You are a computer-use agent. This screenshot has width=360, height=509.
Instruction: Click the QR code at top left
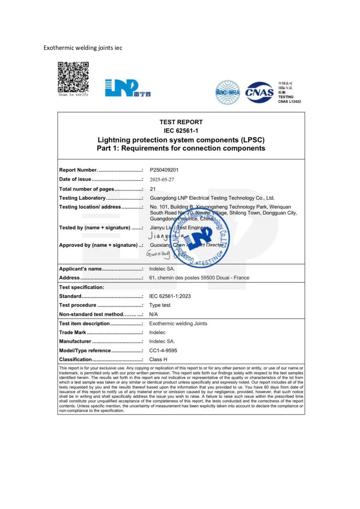(73, 77)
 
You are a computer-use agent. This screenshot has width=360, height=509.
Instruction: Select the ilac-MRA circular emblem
(228, 93)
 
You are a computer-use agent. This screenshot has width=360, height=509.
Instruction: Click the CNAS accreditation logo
(259, 93)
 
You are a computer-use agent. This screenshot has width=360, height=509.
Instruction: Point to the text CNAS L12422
(289, 102)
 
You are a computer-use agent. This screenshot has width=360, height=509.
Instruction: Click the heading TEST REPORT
(181, 122)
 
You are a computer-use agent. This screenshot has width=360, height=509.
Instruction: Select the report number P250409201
(164, 170)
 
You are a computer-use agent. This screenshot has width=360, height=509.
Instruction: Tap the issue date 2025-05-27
(162, 180)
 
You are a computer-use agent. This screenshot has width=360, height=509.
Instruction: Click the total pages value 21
(153, 189)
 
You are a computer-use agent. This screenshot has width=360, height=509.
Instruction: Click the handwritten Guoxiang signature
(158, 254)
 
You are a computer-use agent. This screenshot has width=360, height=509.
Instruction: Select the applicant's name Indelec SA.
(162, 269)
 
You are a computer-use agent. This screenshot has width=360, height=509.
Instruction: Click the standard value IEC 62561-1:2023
(170, 296)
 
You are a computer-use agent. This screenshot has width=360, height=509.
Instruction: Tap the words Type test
(160, 305)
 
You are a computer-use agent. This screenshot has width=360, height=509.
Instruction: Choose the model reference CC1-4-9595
(163, 350)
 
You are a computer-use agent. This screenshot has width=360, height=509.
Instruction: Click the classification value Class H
(158, 359)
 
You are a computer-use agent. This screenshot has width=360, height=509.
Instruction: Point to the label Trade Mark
(73, 332)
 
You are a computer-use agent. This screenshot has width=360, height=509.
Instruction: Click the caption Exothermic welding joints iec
(83, 48)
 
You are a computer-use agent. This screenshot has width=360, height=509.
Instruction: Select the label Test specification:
(82, 287)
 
